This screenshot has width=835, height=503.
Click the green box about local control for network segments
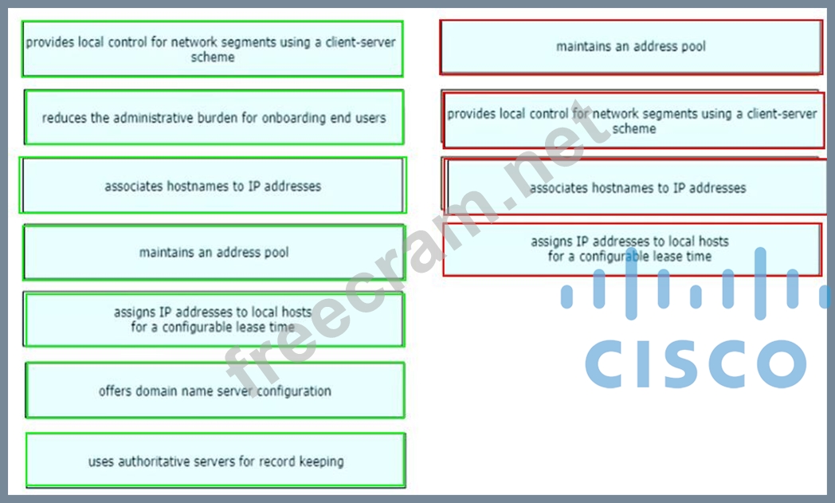pos(212,49)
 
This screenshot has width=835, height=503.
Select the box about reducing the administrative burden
pos(214,117)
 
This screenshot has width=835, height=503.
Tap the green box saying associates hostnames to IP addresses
pos(213,186)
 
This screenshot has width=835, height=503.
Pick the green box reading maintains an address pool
pos(214,253)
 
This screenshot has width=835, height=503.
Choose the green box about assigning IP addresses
pos(214,319)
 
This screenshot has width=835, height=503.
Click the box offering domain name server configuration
pos(214,391)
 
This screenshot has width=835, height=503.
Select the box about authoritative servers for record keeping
pos(215,461)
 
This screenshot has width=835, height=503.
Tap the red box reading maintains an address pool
pos(630,46)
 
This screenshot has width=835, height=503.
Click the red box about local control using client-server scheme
pos(633,120)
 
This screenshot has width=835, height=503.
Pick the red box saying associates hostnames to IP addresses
pos(637,188)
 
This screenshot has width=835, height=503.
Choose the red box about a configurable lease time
pos(630,249)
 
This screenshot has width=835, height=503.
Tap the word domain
pos(158,391)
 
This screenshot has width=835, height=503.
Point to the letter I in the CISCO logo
pos(643,363)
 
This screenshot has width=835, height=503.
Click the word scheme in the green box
pos(213,57)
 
